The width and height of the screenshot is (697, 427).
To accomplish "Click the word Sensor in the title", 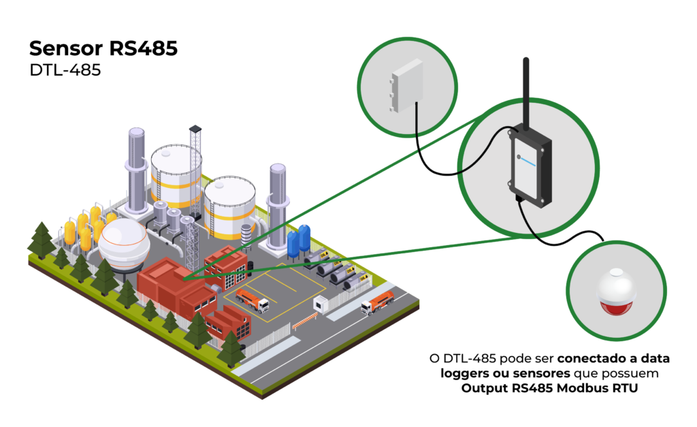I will click(x=65, y=48).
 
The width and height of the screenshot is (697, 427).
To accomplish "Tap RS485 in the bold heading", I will click(x=143, y=48).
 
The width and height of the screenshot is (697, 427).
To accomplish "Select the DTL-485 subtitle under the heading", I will click(x=65, y=69).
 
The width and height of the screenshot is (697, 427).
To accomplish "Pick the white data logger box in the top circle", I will click(x=404, y=85).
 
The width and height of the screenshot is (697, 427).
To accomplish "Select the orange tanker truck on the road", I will click(x=378, y=302).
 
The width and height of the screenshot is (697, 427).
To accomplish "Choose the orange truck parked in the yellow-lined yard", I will click(x=252, y=300).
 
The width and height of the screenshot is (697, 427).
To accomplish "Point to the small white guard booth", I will click(x=321, y=306).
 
